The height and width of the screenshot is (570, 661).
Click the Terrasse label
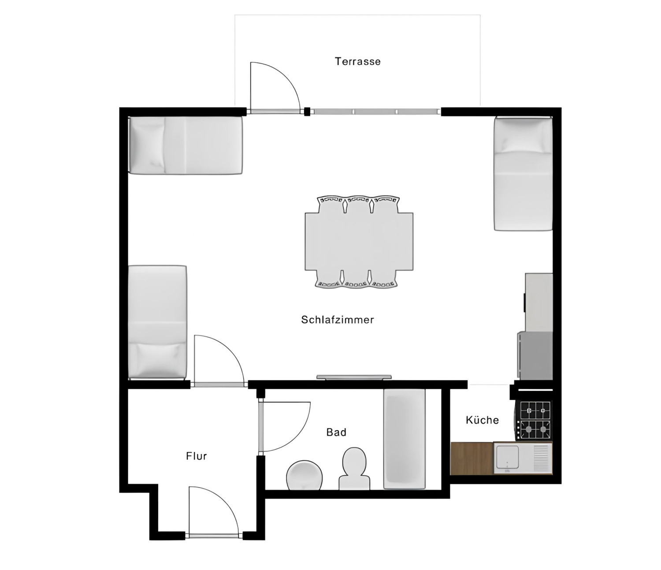[357, 61]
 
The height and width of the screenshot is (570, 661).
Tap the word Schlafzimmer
[338, 320]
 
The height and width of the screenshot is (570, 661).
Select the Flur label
[197, 456]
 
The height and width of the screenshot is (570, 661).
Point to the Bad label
[336, 432]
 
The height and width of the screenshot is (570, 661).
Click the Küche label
[482, 420]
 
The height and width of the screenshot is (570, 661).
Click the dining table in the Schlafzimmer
[359, 242]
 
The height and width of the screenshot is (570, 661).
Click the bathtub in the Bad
[405, 439]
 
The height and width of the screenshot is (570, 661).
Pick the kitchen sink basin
[507, 458]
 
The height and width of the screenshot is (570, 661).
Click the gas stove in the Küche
[535, 420]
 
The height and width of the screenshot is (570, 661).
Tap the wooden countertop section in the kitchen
[472, 458]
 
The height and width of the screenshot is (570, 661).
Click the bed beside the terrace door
[185, 145]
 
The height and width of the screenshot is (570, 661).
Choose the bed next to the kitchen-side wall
[523, 174]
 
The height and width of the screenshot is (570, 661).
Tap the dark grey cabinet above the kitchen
[535, 355]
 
